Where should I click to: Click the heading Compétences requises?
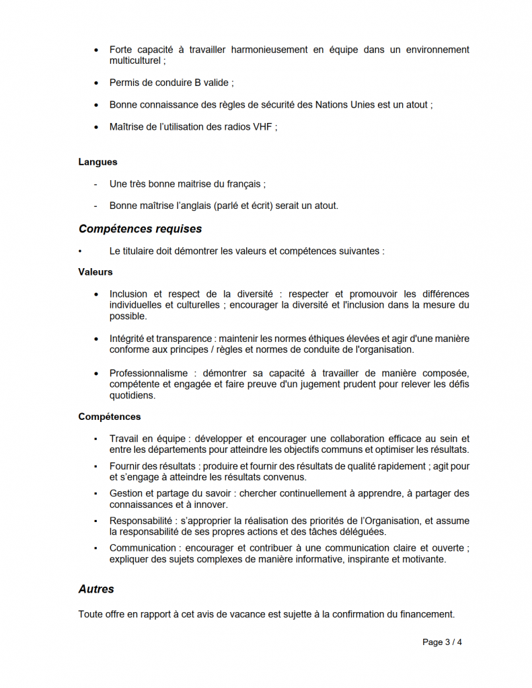coord(140,229)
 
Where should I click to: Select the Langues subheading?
coord(98,162)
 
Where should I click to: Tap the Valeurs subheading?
coord(96,272)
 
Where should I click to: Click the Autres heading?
coord(96,589)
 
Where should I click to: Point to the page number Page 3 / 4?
coord(442,642)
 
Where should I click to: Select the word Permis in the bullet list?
coord(124,83)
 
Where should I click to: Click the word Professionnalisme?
coord(148,373)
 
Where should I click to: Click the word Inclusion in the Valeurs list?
coord(128,294)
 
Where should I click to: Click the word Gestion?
coord(125,493)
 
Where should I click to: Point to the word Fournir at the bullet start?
coord(124,466)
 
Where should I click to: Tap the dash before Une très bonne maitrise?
coord(95,184)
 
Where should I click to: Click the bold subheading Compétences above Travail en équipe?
coord(110,417)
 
